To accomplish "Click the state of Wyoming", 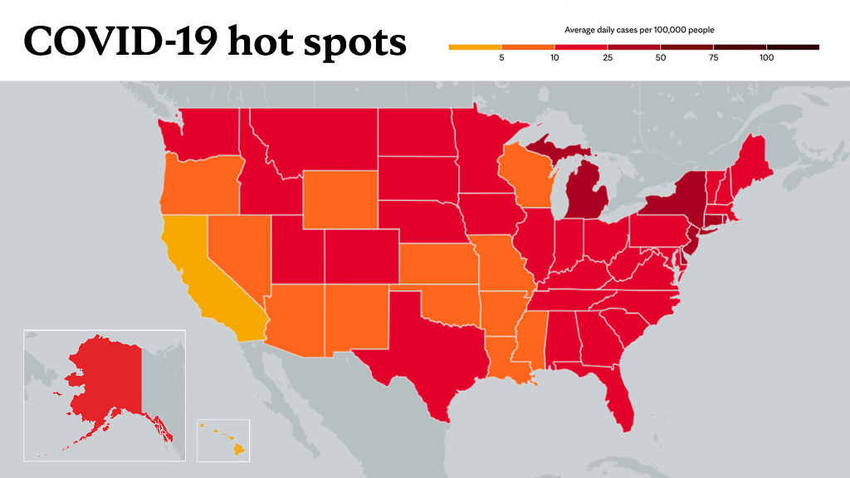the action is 340,199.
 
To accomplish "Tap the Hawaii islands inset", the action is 223,440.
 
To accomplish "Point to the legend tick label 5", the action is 501,57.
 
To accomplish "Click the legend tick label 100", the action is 766,57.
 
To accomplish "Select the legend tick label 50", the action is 660,57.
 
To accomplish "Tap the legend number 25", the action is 608,57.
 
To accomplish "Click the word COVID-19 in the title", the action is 121,41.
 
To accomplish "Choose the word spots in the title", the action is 354,43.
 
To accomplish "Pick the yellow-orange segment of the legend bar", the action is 475,47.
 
